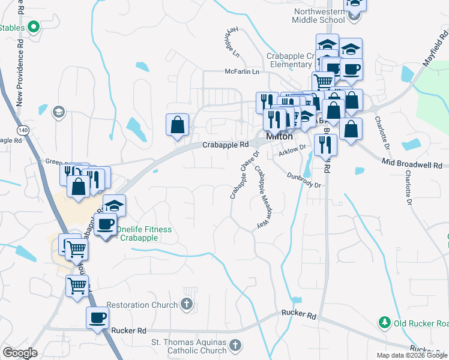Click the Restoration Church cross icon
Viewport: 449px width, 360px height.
[x=187, y=305]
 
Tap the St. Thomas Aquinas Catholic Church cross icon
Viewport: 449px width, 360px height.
[x=235, y=346]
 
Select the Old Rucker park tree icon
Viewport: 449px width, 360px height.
[x=384, y=323]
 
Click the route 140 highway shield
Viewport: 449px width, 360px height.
[x=22, y=130]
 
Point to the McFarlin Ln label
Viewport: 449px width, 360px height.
[x=241, y=71]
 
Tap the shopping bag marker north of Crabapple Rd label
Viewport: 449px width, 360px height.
[x=178, y=125]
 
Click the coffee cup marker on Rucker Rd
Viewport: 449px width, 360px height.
[x=97, y=318]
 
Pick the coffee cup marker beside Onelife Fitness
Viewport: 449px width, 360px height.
[x=106, y=224]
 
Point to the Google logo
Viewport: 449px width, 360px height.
[x=20, y=352]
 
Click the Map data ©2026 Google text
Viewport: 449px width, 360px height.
[x=411, y=355]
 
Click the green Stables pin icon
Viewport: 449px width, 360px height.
[x=34, y=26]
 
